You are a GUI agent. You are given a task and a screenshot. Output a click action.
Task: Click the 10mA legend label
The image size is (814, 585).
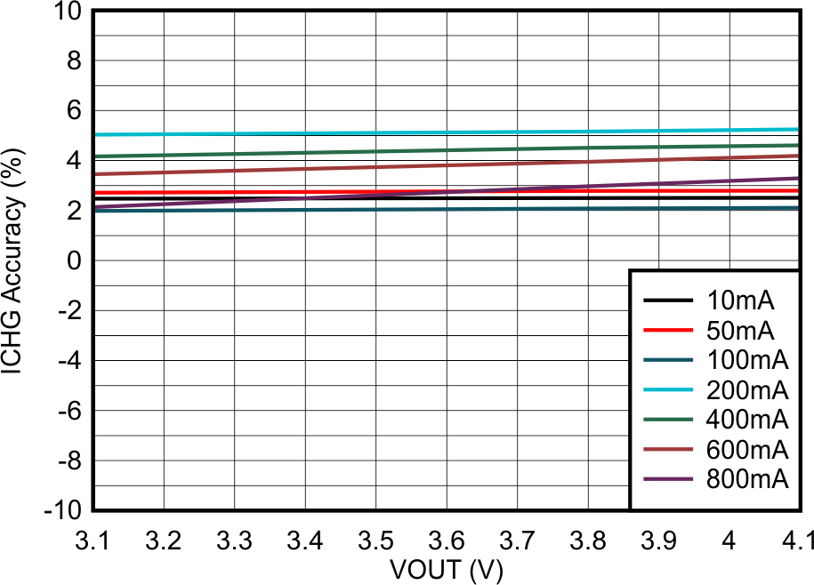741,300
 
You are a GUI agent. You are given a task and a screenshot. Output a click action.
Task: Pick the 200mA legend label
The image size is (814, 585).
747,389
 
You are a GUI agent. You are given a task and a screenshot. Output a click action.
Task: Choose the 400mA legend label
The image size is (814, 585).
747,419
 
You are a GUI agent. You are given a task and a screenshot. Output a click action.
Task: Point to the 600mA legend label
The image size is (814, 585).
747,449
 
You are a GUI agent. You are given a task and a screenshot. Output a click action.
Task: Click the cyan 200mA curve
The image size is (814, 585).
356,133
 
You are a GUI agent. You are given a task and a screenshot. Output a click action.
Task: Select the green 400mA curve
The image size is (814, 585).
356,152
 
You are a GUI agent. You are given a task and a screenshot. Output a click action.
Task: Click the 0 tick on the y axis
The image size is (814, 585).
75,261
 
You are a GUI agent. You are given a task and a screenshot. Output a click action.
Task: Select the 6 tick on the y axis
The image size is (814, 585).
75,111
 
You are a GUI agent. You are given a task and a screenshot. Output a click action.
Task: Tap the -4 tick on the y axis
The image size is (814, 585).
69,361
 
